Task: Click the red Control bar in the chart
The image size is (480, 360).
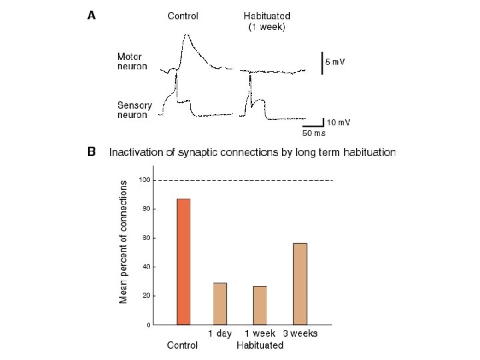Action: pos(183,261)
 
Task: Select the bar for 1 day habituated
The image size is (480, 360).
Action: pos(220,303)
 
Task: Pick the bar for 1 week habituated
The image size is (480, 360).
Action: pos(260,305)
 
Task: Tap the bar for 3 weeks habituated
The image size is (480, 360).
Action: pos(300,283)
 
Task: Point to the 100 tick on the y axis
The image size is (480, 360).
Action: pos(144,180)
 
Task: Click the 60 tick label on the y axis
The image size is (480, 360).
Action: pos(145,238)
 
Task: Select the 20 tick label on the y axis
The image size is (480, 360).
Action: pos(145,295)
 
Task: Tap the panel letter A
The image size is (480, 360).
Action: pos(92,16)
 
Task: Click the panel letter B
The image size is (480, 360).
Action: pos(92,152)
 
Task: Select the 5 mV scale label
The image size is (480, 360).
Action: pos(335,61)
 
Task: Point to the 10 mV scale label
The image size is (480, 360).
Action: pos(339,122)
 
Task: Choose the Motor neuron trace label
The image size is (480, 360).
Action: pos(132,61)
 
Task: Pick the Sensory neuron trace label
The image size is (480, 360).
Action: pos(135,110)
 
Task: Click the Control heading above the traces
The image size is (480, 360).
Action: pos(183,16)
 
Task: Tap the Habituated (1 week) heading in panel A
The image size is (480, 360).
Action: pos(267,21)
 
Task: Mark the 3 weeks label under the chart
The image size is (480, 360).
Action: pos(301,333)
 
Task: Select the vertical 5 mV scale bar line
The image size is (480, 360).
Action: pos(322,62)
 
